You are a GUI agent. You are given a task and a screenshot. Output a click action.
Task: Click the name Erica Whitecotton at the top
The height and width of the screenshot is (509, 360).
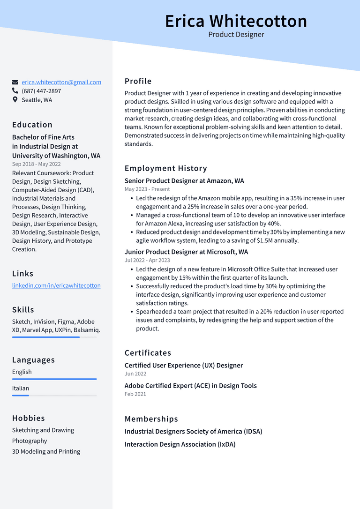(x=236, y=21)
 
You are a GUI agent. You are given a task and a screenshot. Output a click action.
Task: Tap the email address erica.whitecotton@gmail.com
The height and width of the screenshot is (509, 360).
(x=61, y=82)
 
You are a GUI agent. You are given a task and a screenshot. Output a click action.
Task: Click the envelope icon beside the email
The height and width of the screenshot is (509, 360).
(x=15, y=82)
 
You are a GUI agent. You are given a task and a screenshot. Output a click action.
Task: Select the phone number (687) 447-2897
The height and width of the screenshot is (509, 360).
(x=41, y=91)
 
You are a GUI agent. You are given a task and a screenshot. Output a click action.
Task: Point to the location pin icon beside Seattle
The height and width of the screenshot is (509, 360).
(x=15, y=100)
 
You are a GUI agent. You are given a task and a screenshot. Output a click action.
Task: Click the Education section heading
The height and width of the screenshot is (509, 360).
(x=32, y=125)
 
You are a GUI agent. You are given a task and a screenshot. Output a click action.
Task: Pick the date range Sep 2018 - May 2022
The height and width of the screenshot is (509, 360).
(x=37, y=164)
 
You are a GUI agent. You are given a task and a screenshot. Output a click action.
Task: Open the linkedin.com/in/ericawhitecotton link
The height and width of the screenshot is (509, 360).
(x=56, y=285)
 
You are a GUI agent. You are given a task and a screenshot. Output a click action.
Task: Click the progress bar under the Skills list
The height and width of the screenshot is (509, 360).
(x=54, y=337)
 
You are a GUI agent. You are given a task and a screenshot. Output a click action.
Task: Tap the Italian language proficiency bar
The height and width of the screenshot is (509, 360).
(x=54, y=396)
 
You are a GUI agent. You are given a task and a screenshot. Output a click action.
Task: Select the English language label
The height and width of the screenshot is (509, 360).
(x=22, y=372)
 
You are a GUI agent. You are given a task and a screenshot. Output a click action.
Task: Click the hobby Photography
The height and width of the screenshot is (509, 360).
(x=30, y=441)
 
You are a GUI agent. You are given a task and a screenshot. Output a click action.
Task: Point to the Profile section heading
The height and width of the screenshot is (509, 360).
(x=138, y=81)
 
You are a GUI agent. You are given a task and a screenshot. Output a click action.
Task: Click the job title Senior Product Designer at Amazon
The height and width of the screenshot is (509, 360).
(x=184, y=181)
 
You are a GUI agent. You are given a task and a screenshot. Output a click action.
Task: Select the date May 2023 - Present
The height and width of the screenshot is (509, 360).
(x=147, y=189)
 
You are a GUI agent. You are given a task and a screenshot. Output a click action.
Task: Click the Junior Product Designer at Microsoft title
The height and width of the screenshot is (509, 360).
(x=186, y=252)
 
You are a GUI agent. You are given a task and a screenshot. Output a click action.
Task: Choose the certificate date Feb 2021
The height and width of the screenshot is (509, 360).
(x=135, y=394)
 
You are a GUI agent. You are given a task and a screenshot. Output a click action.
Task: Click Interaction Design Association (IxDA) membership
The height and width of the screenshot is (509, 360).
(x=180, y=444)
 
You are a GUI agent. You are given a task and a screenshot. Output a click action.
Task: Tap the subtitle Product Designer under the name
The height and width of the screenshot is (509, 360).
(x=236, y=35)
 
